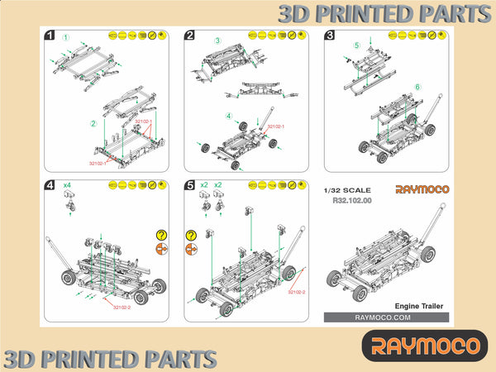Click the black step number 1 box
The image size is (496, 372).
[51, 36]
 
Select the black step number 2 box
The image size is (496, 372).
[189, 36]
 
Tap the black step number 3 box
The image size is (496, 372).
[330, 36]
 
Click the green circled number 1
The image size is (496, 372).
[67, 37]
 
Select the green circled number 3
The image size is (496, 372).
[217, 40]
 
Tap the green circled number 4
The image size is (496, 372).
[229, 116]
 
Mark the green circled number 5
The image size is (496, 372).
[356, 45]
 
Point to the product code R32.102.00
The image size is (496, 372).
[351, 200]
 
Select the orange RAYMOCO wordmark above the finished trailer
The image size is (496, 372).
[422, 190]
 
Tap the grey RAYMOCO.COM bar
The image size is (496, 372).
[386, 317]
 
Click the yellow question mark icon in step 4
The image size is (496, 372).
[161, 235]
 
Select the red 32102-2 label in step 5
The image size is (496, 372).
[297, 293]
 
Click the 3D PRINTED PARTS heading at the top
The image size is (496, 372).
[383, 14]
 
